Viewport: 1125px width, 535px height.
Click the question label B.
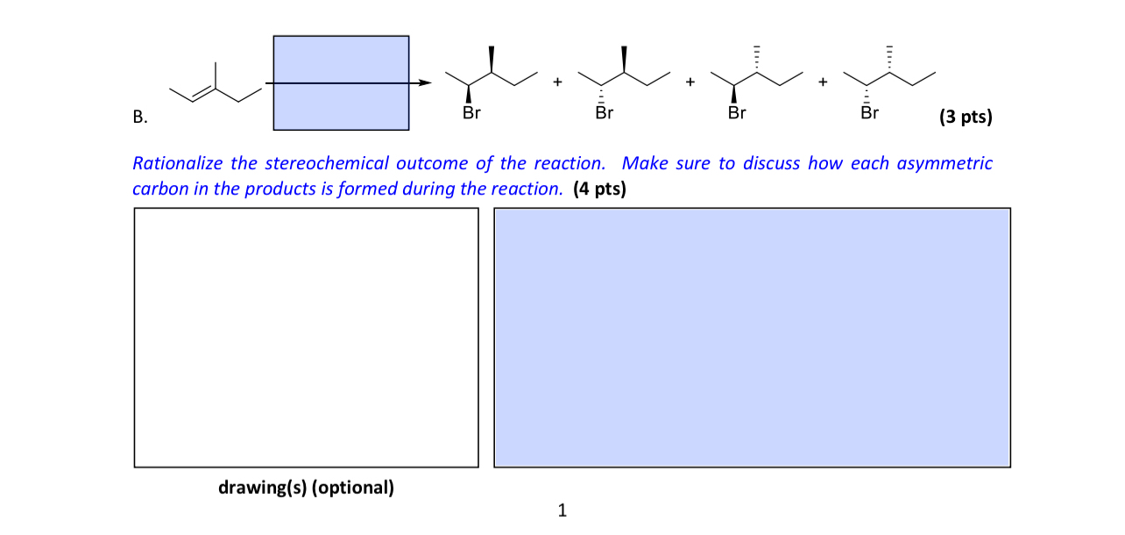tap(139, 117)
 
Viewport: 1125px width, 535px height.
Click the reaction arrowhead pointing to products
tap(426, 83)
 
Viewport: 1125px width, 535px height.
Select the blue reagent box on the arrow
tap(341, 82)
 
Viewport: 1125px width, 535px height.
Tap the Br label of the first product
tap(471, 113)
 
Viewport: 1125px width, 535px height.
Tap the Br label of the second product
tap(604, 113)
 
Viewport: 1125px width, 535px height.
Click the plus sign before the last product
tap(823, 83)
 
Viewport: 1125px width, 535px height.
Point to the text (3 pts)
tap(965, 117)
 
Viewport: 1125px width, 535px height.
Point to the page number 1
tap(562, 510)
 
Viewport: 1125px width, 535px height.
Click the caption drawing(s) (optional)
tap(306, 488)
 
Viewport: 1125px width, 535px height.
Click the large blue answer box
tap(752, 338)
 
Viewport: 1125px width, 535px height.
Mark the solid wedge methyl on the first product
tap(492, 59)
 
